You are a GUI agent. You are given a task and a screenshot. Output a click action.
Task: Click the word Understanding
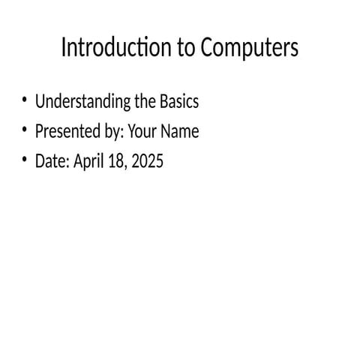80,101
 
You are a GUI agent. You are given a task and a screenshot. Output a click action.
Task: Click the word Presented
65,131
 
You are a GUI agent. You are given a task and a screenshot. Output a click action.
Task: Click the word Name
180,131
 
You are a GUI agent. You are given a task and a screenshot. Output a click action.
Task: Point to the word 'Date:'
52,160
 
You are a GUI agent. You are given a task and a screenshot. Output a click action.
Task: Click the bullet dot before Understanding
25,100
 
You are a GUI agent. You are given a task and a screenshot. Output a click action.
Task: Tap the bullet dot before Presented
25,130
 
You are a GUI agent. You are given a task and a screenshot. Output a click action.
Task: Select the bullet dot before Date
25,159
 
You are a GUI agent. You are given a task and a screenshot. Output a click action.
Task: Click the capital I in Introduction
63,48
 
